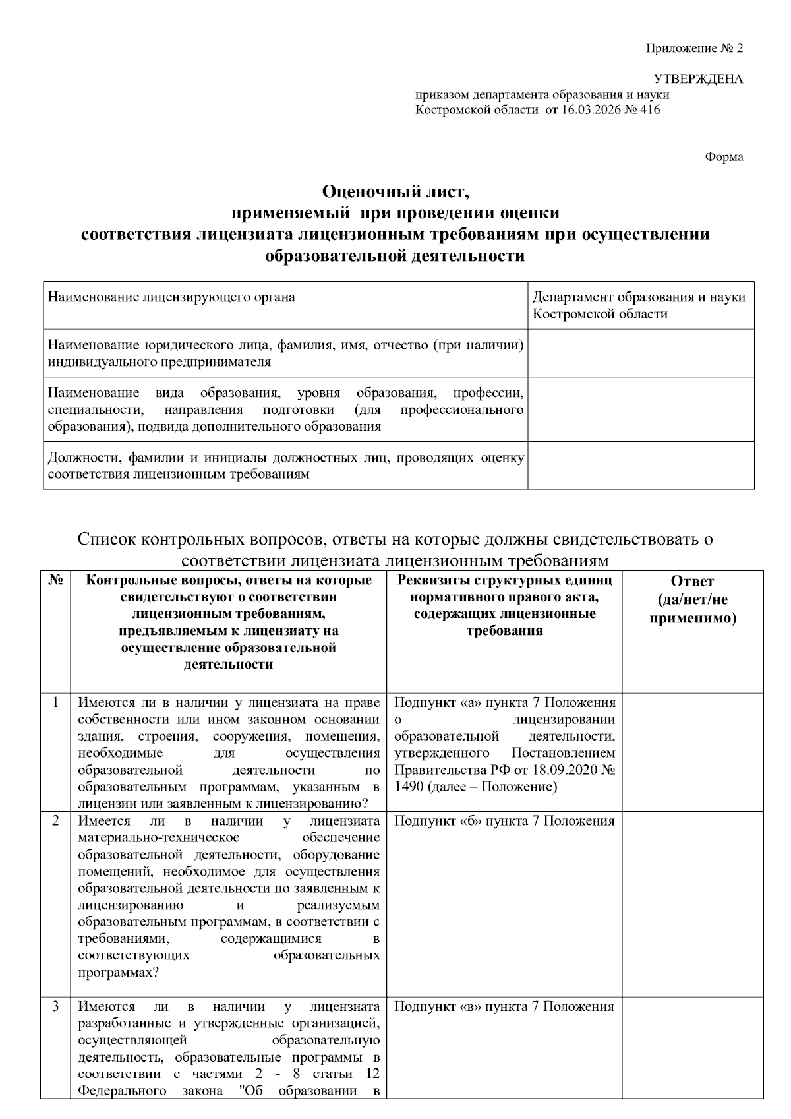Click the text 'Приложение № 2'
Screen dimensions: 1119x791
(x=694, y=49)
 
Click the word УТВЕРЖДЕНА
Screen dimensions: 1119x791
(x=698, y=80)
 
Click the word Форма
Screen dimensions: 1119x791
(x=724, y=157)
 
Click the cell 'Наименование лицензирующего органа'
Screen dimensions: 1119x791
(x=171, y=297)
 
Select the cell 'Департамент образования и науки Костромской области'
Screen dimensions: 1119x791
(x=639, y=305)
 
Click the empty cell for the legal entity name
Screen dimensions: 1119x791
(x=641, y=353)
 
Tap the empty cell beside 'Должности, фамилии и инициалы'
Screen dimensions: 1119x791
(x=641, y=466)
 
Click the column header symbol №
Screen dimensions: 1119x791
(x=55, y=581)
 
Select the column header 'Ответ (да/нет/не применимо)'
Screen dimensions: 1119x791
(x=692, y=600)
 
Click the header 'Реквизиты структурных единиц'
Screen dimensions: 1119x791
(x=504, y=581)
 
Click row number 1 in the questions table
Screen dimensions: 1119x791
(x=55, y=702)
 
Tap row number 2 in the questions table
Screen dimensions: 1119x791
(x=55, y=821)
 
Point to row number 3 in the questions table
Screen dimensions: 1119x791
(x=55, y=1007)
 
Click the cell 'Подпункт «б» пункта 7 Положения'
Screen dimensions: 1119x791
(x=504, y=821)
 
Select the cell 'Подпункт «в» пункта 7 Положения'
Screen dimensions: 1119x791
(x=504, y=1007)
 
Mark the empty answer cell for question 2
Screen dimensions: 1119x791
(x=692, y=903)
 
